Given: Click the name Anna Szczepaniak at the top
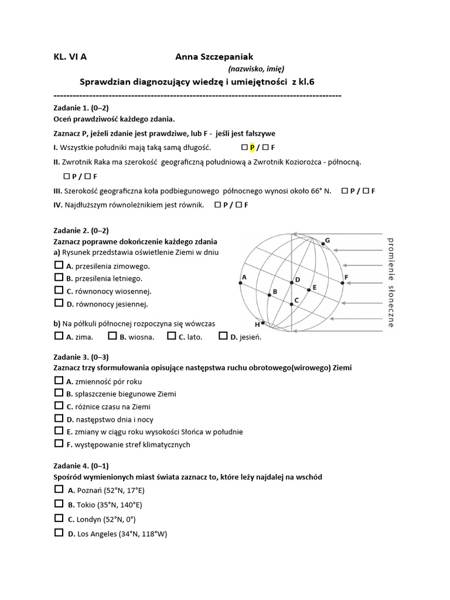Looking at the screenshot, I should tap(214, 57).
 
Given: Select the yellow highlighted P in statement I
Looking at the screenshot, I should tap(253, 148).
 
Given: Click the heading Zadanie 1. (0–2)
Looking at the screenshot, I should tap(81, 107).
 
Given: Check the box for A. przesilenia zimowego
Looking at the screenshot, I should tap(59, 265).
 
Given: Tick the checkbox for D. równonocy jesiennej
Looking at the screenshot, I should tap(59, 304).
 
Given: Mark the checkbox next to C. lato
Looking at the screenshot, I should tap(171, 336).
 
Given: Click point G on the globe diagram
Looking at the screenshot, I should tap(326, 240).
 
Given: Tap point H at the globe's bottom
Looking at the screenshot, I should tap(257, 324).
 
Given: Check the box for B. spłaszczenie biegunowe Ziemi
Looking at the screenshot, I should tap(59, 393).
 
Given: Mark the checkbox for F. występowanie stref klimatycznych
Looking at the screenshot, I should tap(59, 444).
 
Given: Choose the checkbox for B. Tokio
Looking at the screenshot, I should tap(59, 504).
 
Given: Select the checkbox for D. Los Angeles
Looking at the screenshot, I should tap(59, 533).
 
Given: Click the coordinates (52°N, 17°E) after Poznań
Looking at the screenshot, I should tap(122, 490).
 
